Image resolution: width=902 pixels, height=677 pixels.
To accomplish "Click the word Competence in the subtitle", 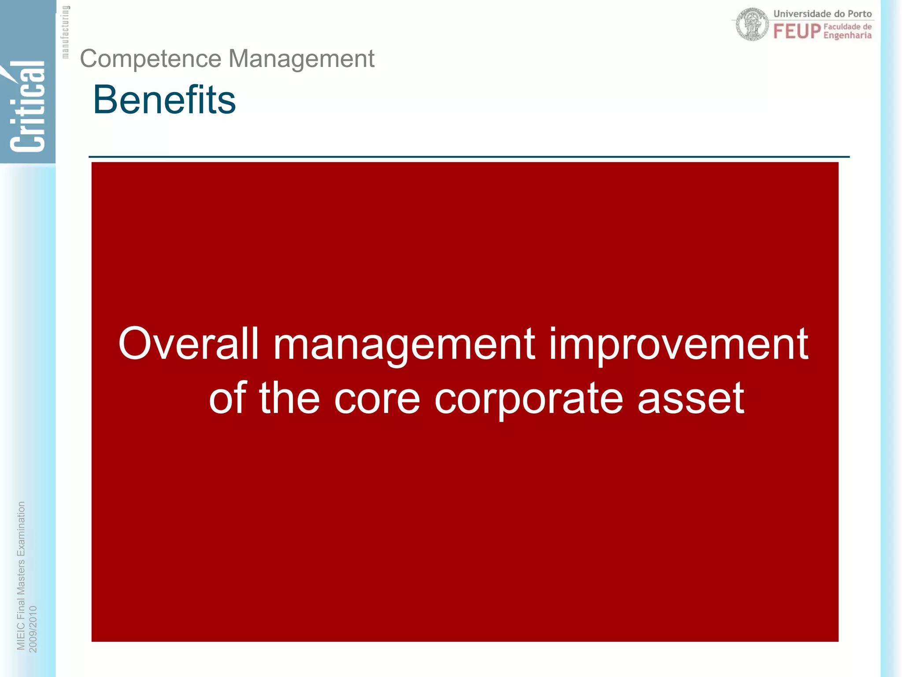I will point(150,59).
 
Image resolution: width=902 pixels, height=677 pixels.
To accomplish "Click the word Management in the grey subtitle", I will point(301,59).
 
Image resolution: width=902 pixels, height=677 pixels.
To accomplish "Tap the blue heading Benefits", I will point(164,100).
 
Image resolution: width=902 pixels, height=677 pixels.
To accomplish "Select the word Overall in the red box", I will point(189,344).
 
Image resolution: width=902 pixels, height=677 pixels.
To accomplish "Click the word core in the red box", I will point(377,398).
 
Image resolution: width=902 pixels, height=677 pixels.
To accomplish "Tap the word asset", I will point(691,398).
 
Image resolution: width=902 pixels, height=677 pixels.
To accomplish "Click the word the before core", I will point(289,398).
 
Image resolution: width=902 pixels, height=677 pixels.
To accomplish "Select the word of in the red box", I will point(227,398).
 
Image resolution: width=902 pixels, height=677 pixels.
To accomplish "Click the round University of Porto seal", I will point(753,25).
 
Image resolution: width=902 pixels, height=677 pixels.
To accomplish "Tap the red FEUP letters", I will point(797,31).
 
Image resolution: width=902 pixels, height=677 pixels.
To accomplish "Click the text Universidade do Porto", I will point(822,14).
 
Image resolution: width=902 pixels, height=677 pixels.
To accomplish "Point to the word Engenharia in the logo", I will point(847,35).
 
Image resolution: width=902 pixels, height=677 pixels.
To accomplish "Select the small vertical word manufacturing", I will point(65,32).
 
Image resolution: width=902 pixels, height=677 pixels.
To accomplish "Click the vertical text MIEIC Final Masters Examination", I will point(21,575).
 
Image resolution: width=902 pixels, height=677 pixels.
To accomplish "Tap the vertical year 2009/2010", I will point(33,629).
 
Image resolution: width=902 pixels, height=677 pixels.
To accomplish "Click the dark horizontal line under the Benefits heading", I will point(469,156).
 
